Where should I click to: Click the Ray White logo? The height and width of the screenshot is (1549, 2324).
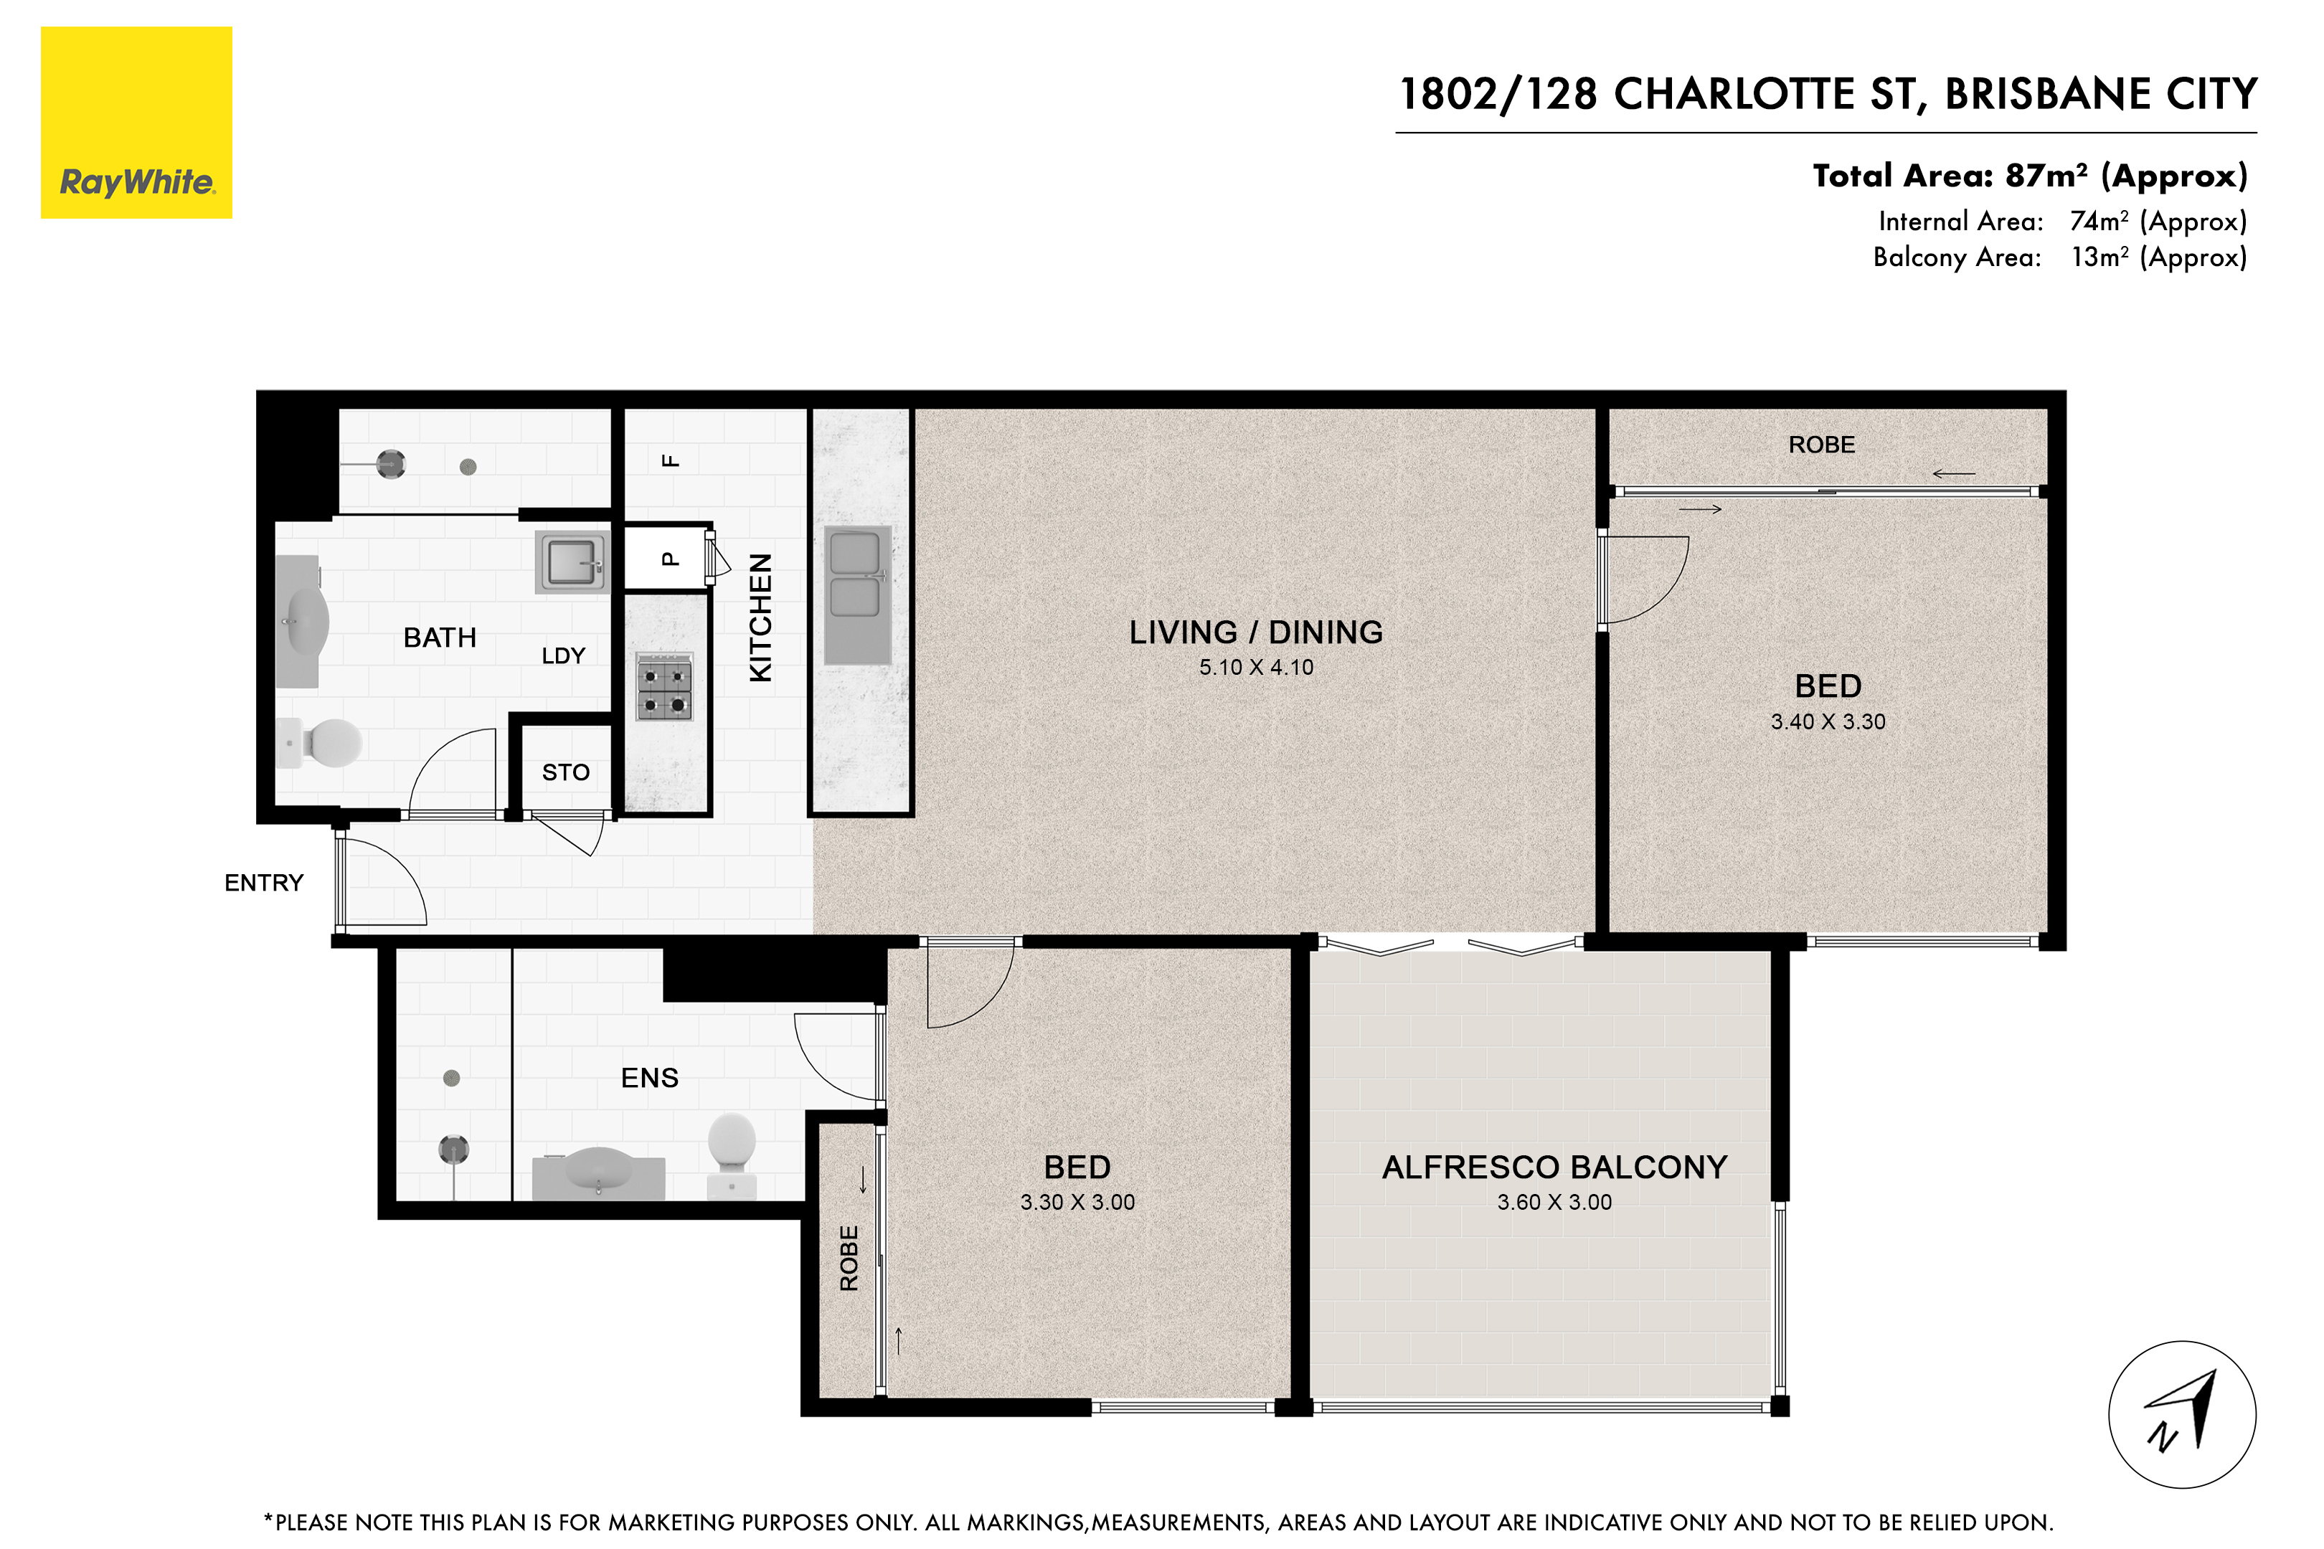pos(136,123)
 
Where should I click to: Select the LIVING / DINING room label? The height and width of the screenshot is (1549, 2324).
pos(1256,633)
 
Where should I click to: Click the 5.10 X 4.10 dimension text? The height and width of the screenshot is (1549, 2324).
pos(1256,668)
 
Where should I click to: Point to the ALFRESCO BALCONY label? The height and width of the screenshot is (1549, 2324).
pos(1554,1167)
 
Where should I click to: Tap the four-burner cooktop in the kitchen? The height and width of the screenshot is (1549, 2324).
pos(664,686)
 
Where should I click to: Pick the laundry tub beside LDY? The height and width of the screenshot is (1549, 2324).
pos(571,562)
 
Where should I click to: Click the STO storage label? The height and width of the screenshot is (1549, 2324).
pos(565,772)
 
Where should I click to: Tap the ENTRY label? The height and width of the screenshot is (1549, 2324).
pos(264,884)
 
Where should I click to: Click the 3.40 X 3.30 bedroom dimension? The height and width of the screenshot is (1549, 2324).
pos(1828,722)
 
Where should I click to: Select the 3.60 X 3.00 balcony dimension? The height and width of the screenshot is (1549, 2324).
pos(1554,1202)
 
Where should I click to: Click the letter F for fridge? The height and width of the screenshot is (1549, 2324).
pos(670,460)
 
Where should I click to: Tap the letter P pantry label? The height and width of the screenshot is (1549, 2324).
pos(670,559)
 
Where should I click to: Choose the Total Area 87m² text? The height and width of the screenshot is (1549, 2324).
pos(2029,176)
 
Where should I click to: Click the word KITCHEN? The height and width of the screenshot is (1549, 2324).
pos(760,617)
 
